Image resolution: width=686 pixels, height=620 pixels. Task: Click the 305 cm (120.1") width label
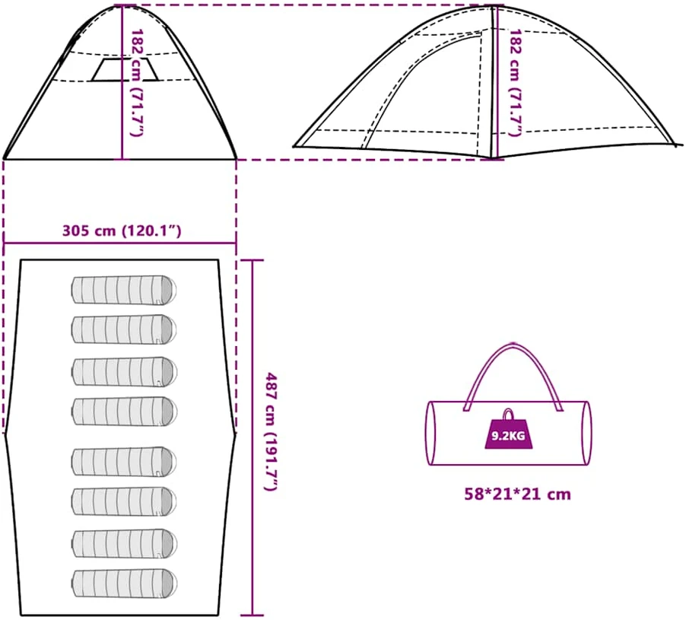(x=122, y=231)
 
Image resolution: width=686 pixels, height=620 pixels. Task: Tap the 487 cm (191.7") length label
(x=272, y=431)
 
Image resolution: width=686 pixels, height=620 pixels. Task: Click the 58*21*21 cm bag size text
(x=518, y=494)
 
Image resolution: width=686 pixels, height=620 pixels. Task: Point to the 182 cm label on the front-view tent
(x=137, y=82)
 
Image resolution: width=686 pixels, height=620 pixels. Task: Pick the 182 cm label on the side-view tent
(x=516, y=82)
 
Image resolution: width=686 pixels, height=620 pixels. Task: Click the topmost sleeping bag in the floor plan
(x=124, y=290)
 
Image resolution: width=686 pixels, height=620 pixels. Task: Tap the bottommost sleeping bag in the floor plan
(x=124, y=584)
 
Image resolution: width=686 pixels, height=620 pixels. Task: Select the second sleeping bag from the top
(x=124, y=329)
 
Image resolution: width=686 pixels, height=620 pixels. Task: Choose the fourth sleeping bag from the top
(x=124, y=411)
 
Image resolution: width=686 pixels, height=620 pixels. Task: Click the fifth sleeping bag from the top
(x=124, y=461)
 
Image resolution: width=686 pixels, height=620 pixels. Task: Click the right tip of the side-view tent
(x=681, y=145)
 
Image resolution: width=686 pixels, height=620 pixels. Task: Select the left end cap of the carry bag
(x=431, y=433)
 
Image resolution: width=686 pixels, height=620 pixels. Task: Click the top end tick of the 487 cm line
(x=252, y=260)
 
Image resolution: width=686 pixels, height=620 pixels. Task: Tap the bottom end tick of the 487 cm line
(x=252, y=615)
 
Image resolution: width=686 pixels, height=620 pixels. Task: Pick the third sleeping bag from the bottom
(x=124, y=502)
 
